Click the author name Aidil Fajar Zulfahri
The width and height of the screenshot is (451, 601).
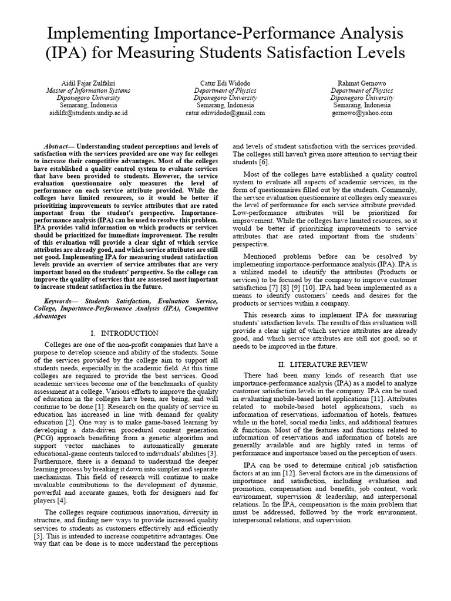tap(88, 83)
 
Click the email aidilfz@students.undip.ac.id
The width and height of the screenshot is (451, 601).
tap(88, 113)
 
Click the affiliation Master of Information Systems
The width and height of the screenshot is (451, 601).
tap(88, 90)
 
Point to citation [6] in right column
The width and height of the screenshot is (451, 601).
tap(264, 162)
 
